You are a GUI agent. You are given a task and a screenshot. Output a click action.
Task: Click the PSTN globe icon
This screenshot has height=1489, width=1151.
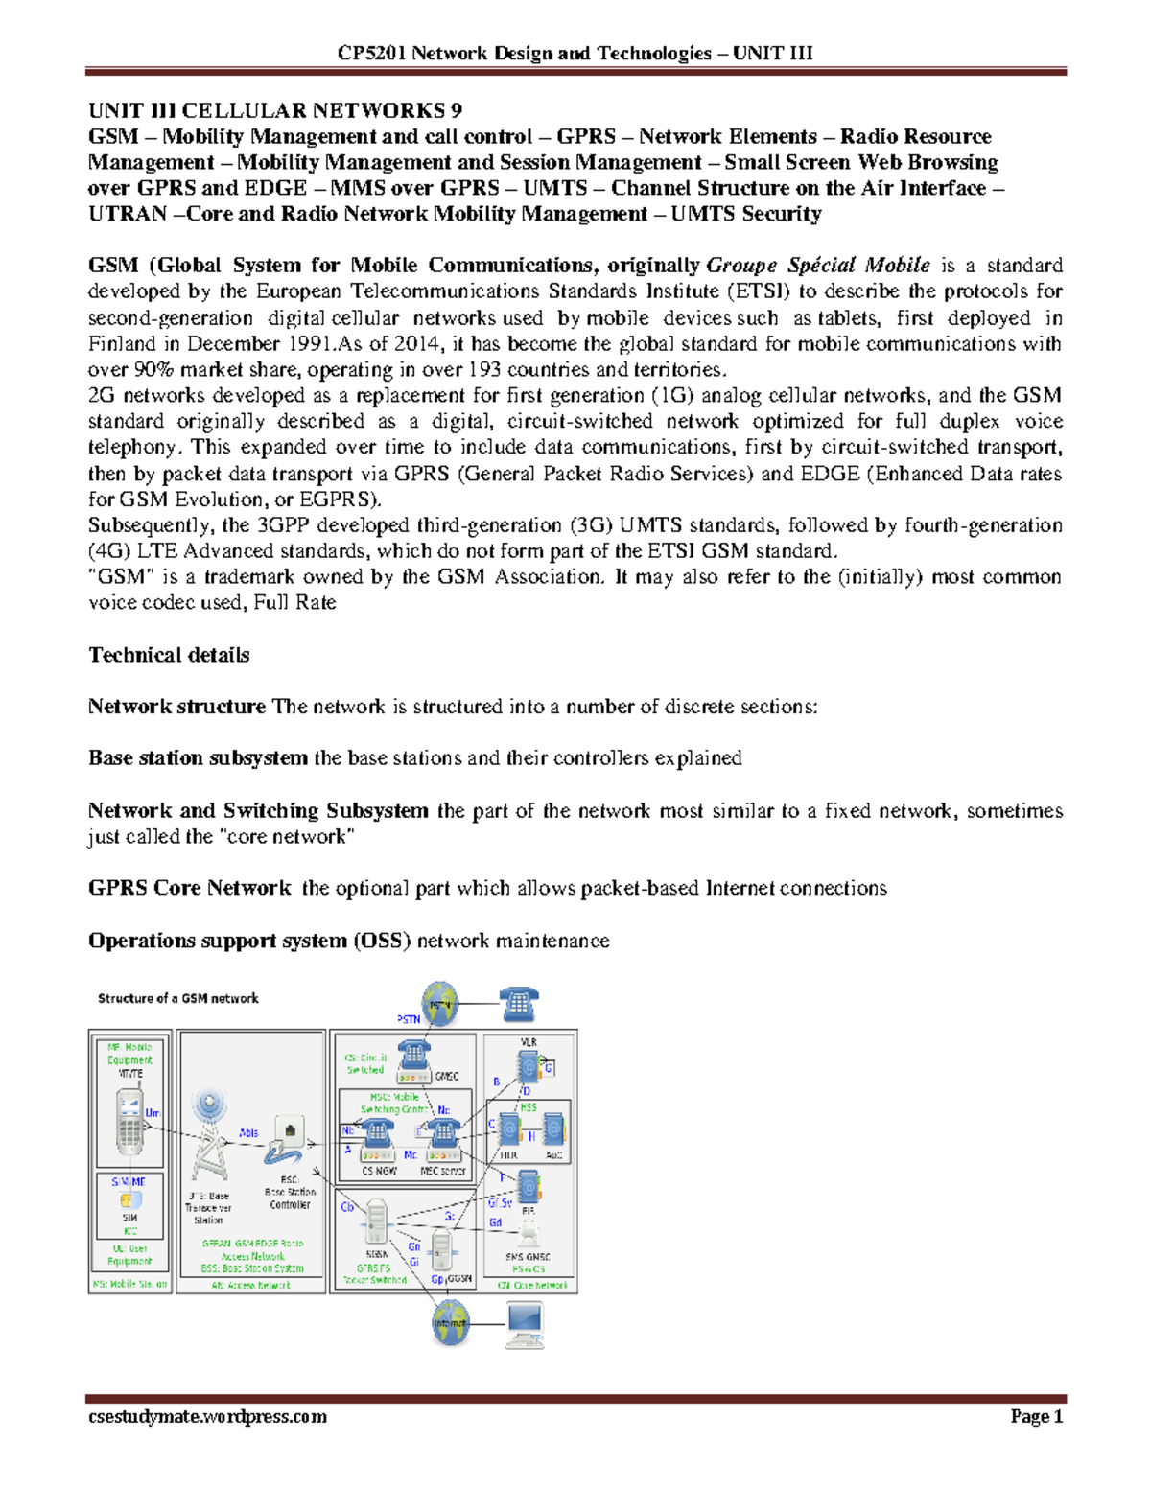coord(440,1005)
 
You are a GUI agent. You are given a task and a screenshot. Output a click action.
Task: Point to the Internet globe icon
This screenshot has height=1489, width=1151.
coord(450,1323)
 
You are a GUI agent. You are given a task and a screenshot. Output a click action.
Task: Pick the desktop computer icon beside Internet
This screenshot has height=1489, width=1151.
coord(524,1324)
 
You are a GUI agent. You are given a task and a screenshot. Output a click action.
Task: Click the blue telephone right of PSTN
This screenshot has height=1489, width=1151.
coord(519,1005)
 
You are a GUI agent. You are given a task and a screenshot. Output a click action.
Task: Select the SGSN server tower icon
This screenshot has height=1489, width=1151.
coord(376,1221)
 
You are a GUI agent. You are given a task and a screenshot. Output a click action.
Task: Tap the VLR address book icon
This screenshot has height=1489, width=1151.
coord(528,1066)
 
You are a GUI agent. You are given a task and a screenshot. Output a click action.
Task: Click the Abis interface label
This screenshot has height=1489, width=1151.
coord(248,1132)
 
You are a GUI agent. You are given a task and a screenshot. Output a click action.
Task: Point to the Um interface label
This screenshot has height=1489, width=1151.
coord(153,1113)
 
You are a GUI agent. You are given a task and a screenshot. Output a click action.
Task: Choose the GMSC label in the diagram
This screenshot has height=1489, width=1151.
coord(447,1077)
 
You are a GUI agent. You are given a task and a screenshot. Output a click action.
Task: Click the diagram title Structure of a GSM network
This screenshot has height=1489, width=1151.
coord(178,998)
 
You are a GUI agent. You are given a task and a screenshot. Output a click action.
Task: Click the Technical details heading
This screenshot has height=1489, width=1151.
coord(169,655)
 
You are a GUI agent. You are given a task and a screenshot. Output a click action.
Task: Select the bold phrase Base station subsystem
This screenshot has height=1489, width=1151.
coord(198,758)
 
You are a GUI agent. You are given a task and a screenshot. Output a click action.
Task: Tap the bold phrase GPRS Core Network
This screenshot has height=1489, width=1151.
coord(189,888)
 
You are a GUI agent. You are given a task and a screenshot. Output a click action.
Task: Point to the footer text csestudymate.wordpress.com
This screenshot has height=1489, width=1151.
coord(207,1416)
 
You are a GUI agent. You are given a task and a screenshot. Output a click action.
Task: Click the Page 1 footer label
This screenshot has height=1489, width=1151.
coord(1036,1416)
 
